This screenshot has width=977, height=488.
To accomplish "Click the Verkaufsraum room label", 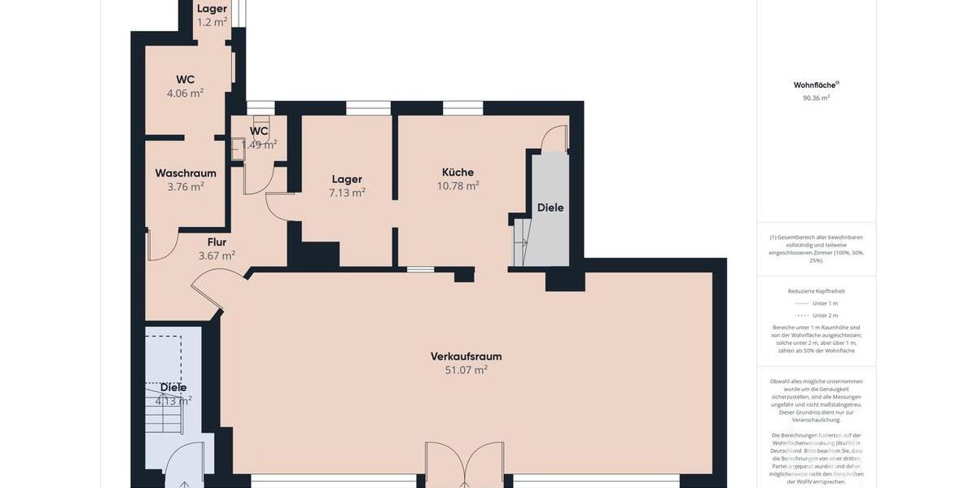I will point(466,356).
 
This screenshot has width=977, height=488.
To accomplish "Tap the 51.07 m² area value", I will point(466,370).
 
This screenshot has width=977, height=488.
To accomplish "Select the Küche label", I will point(458,172).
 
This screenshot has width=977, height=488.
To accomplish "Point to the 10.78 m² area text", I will point(458,185).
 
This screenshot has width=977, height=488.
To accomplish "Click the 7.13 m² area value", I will point(347,193).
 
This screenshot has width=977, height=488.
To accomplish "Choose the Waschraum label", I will point(186,173).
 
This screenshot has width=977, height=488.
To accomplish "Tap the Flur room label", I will point(217,242).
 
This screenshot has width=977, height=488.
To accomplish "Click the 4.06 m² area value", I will point(185,93).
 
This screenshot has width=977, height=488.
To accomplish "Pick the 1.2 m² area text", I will point(212,22).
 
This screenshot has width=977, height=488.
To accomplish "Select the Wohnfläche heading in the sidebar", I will point(816,85).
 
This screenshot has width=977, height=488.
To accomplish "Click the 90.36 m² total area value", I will point(816,98).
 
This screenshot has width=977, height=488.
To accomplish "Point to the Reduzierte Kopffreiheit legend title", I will point(816,290).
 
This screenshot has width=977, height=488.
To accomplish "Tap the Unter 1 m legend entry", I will point(825,303).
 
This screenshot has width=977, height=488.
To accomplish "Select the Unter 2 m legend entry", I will point(825,315).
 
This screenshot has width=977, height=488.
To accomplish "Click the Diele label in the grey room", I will point(550,207).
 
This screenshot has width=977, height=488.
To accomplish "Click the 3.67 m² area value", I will point(217,255).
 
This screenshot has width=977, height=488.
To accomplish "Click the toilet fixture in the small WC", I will point(237,149).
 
